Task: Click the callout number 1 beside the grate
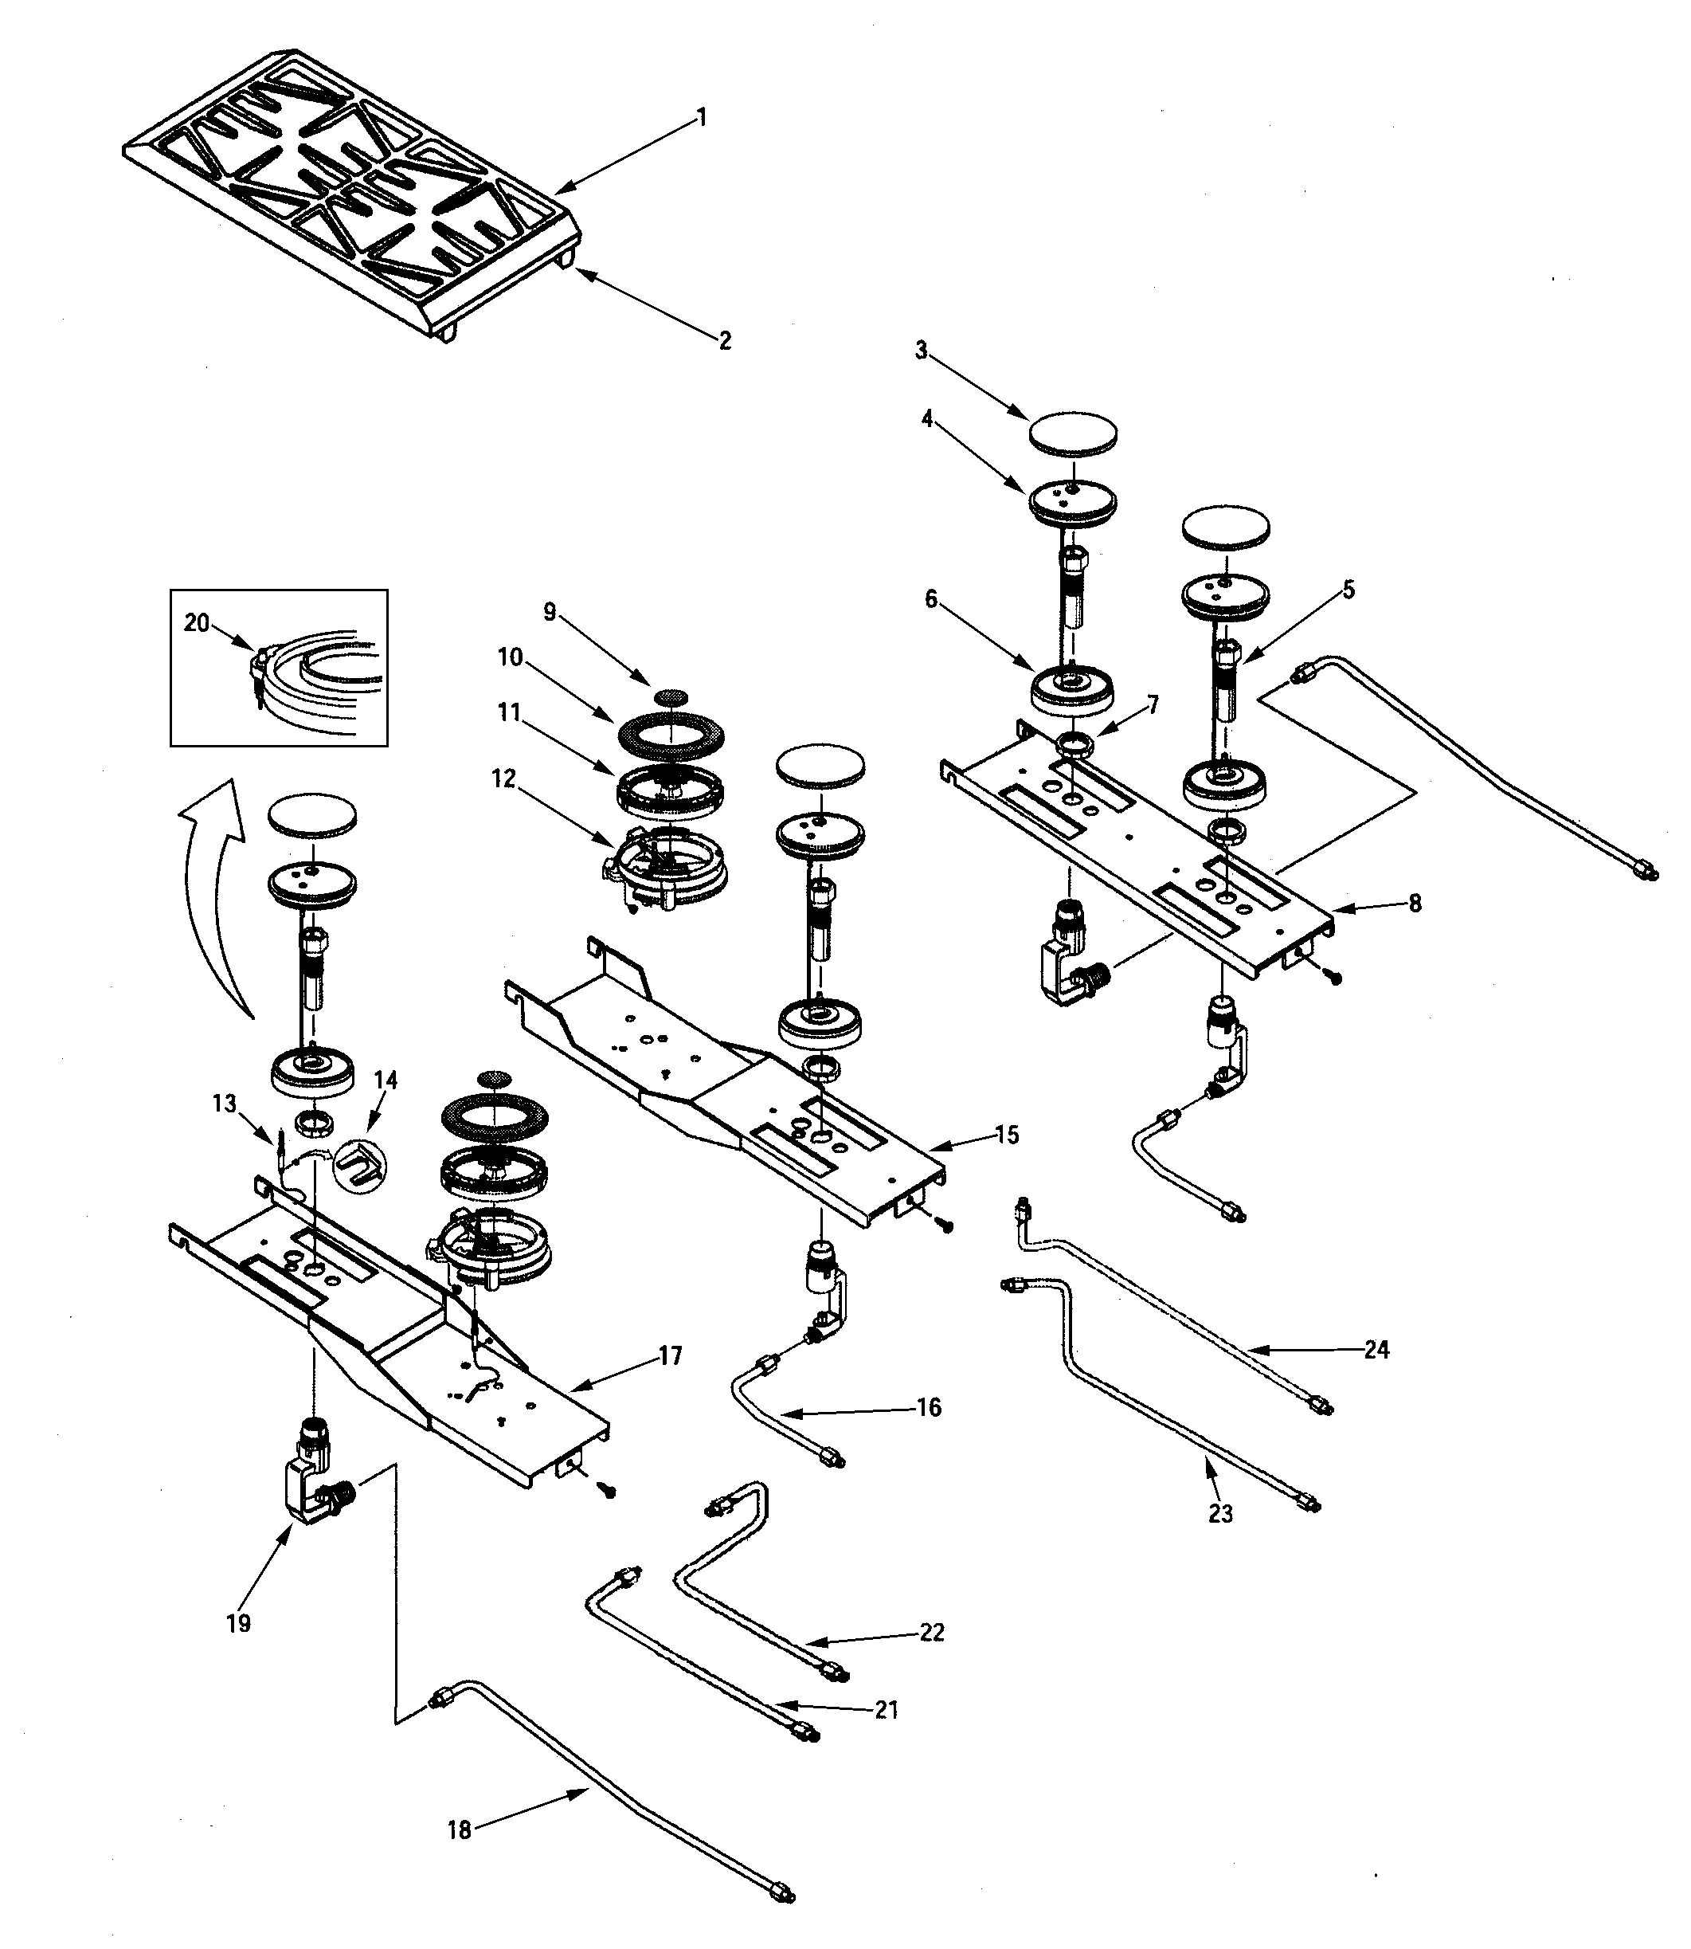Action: [x=701, y=117]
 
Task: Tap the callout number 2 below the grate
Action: [x=725, y=341]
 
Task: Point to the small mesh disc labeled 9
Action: [x=669, y=696]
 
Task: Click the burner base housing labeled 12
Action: [x=666, y=868]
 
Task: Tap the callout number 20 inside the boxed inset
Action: [x=196, y=623]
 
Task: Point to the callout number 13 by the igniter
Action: [x=225, y=1103]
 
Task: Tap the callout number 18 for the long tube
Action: [x=460, y=1831]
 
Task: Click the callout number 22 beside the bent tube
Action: [x=931, y=1632]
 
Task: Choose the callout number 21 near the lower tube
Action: [x=886, y=1709]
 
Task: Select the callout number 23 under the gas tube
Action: [x=1220, y=1514]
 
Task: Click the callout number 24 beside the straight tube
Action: [x=1376, y=1350]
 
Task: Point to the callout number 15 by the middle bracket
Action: [x=1007, y=1135]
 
